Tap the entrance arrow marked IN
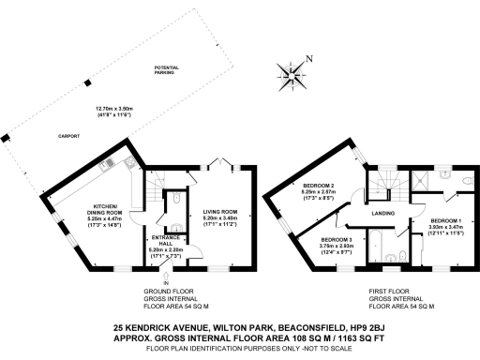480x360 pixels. (x=167, y=277)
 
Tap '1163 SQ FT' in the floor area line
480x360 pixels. (x=355, y=339)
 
